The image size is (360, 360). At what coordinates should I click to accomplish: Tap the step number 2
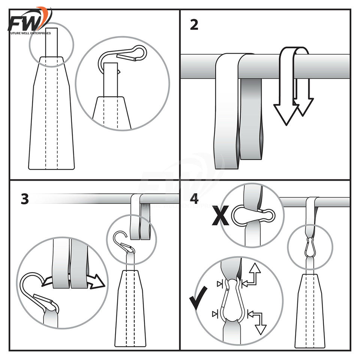(194, 25)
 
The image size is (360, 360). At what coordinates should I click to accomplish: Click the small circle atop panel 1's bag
(51, 44)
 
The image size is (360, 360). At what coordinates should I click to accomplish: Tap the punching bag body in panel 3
(130, 311)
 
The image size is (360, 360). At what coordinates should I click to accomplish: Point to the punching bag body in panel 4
(310, 311)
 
